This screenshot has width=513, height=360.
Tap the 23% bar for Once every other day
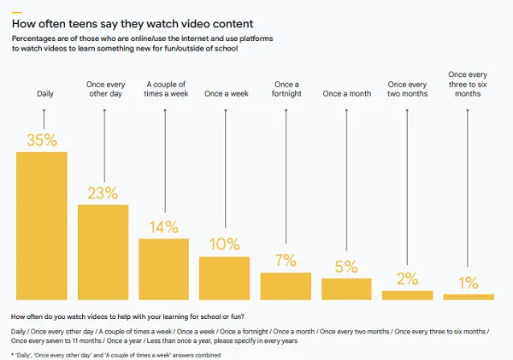coord(103,251)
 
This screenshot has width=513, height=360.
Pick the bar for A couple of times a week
coord(163,269)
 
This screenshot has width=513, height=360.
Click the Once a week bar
coord(224,277)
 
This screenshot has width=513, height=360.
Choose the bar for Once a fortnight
coord(286,286)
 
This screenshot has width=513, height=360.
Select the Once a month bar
coord(346,288)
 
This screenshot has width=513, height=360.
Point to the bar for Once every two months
coord(407,294)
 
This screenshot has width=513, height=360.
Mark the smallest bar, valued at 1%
coord(468,296)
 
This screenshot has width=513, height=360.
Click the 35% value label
coord(42,139)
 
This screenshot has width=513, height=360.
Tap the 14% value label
coord(163,227)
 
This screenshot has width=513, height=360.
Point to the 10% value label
coord(224,244)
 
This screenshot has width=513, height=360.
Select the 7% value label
coord(286,260)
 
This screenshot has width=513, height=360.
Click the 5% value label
coord(346,266)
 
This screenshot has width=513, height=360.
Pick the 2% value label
coord(407,279)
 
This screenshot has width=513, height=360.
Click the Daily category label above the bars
coord(43,92)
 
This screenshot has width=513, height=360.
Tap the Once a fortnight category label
coord(286,88)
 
